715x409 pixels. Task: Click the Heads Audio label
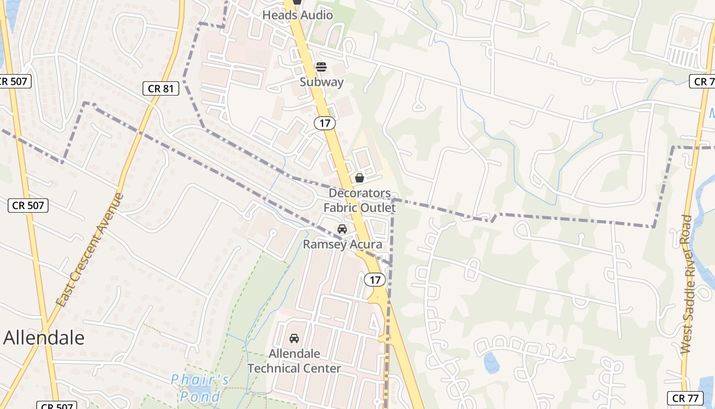(x=297, y=15)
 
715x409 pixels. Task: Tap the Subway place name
(x=321, y=82)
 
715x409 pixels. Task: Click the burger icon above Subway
(x=321, y=67)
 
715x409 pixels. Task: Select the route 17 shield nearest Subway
(x=324, y=123)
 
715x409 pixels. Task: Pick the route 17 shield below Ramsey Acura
(x=375, y=280)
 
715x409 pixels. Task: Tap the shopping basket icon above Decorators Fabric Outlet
(x=360, y=178)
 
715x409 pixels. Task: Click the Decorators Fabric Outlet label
(x=360, y=200)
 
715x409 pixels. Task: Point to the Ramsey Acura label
(x=342, y=244)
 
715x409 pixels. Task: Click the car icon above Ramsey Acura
(x=342, y=229)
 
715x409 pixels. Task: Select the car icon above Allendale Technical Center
(x=294, y=338)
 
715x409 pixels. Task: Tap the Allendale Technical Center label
(x=294, y=361)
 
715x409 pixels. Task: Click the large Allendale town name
(x=44, y=338)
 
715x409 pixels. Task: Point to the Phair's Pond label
(x=200, y=388)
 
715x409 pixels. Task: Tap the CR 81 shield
(x=161, y=88)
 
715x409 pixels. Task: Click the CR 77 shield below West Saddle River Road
(x=685, y=398)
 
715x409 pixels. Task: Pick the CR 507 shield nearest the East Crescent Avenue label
(x=29, y=206)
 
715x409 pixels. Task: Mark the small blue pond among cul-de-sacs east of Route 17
(x=491, y=362)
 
